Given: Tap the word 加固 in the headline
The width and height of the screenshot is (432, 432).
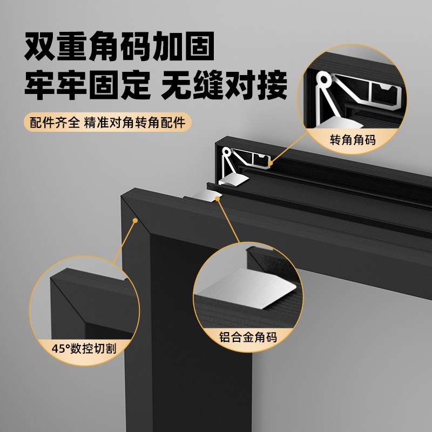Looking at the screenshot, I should click(x=181, y=48).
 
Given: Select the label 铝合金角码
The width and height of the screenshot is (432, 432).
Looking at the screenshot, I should click(x=248, y=338).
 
